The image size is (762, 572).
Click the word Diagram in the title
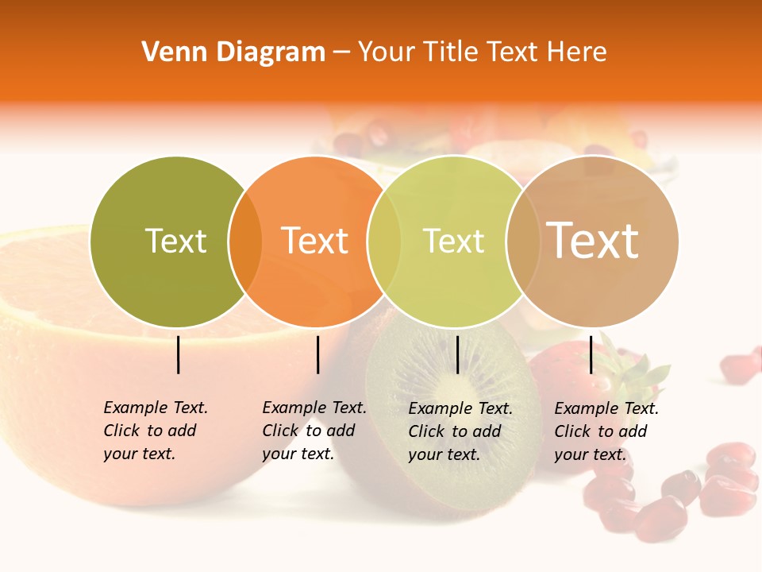click(270, 52)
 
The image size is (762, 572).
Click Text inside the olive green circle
click(175, 241)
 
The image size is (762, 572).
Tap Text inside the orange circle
click(315, 241)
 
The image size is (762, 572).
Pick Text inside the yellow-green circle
click(453, 241)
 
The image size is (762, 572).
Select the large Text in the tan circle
click(592, 240)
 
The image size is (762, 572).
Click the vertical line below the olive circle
click(179, 354)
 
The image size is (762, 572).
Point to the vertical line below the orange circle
click(317, 354)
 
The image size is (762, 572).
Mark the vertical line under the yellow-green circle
click(457, 354)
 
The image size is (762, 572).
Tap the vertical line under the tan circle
click(591, 354)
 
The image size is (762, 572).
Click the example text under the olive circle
click(155, 431)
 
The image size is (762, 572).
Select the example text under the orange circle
click(314, 431)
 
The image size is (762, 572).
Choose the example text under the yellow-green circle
click(460, 431)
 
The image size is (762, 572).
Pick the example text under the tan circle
click(606, 431)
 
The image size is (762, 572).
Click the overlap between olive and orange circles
click(245, 242)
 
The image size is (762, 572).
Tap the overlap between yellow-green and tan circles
click(522, 242)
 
